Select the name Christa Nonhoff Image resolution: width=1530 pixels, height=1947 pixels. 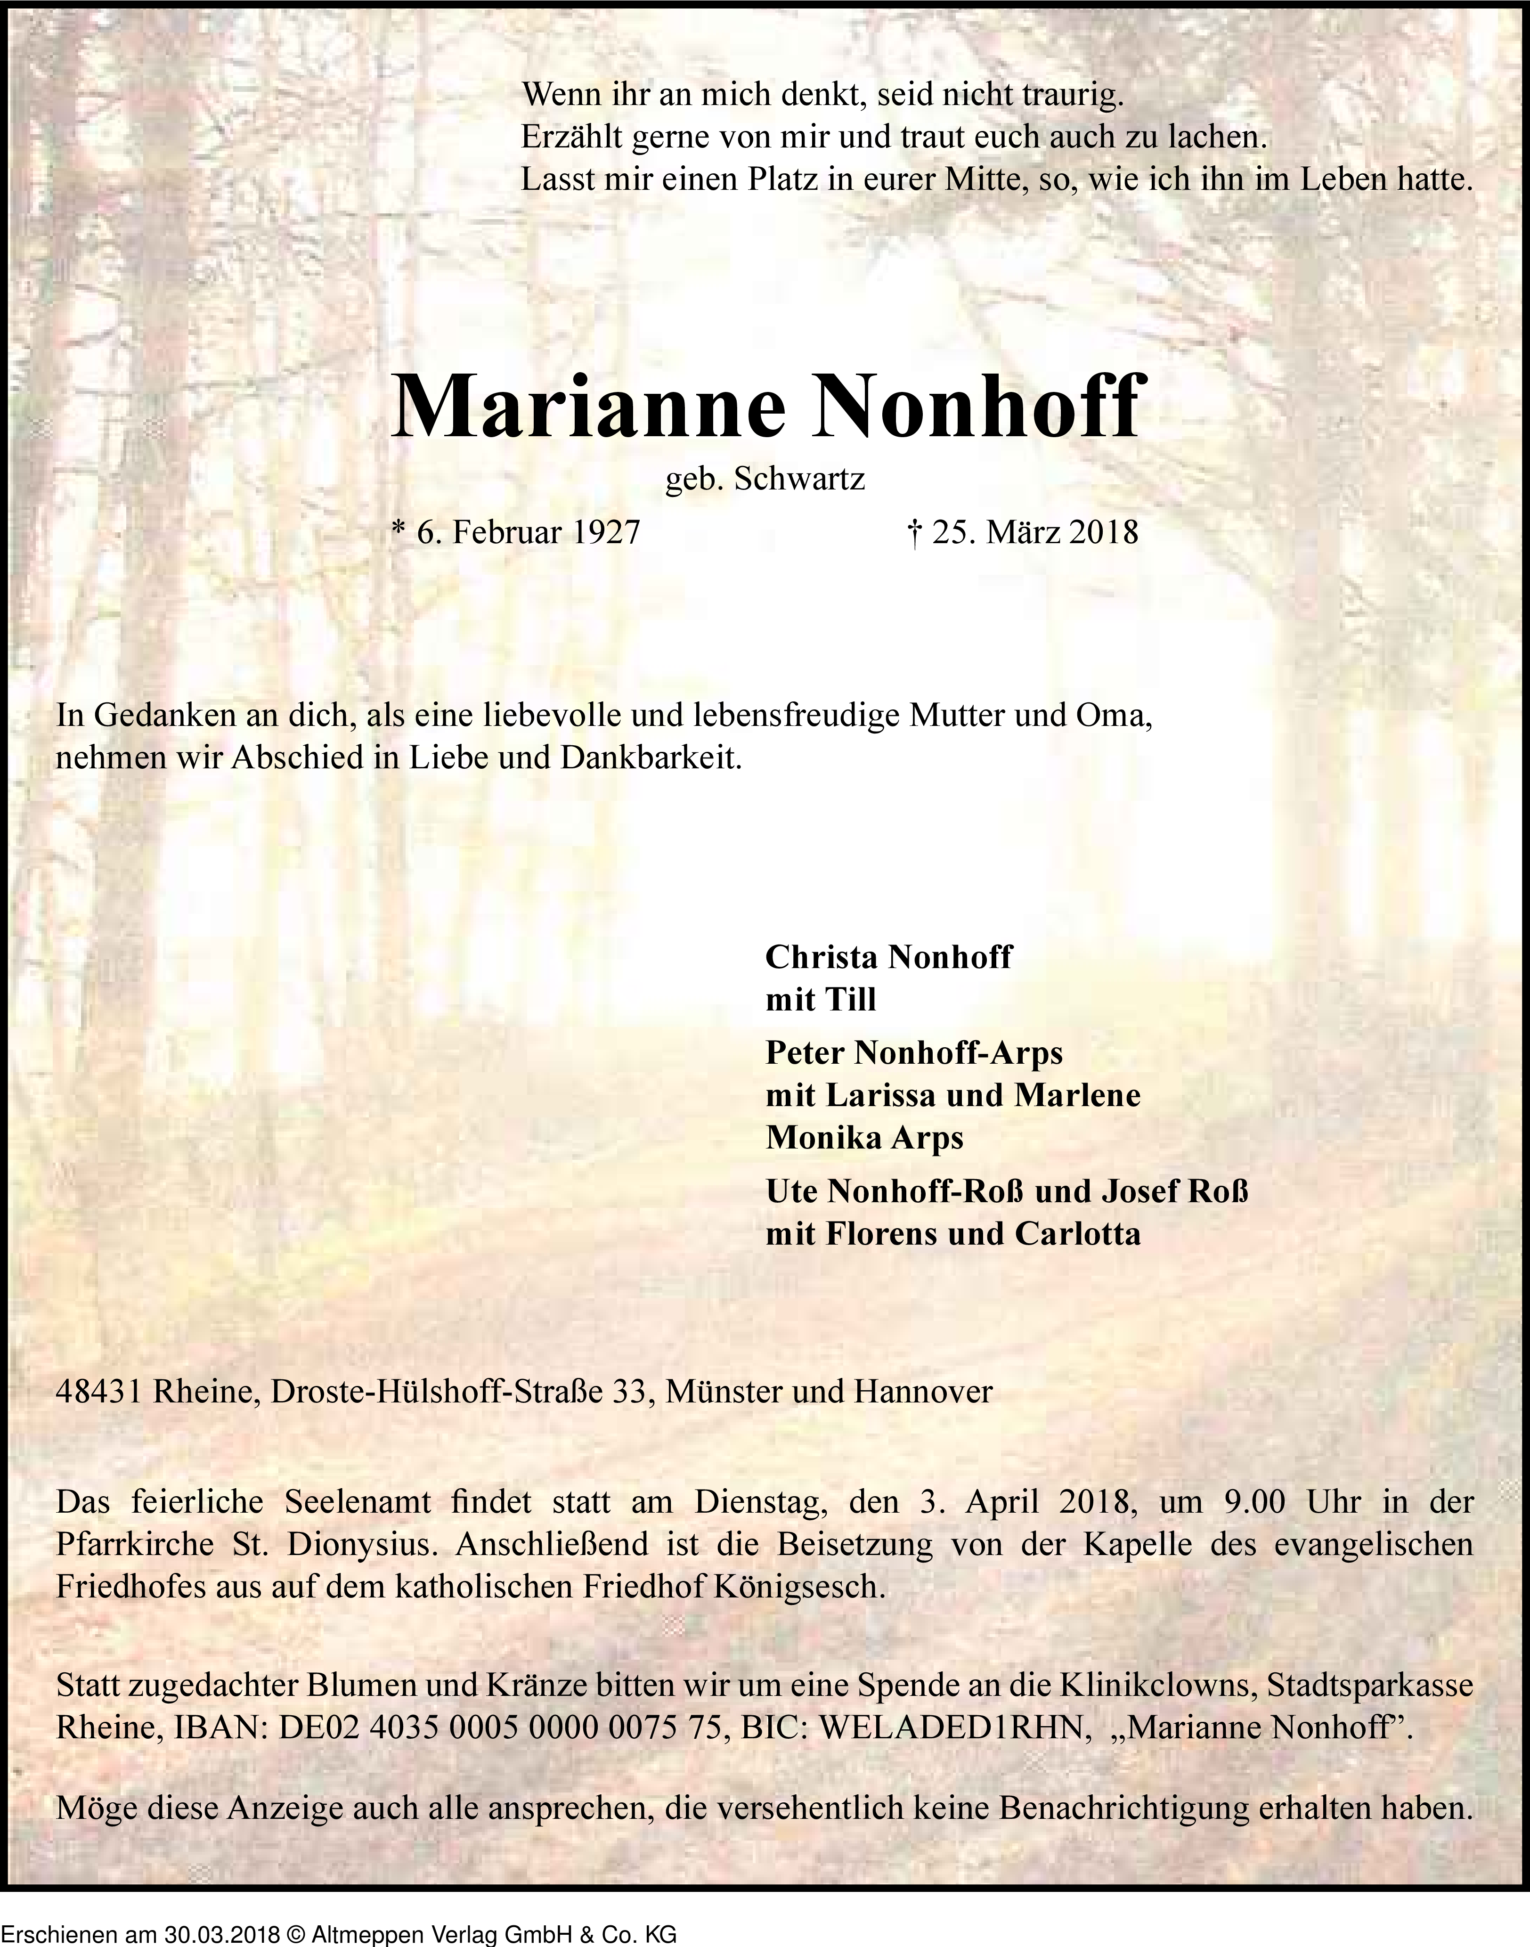pyautogui.click(x=888, y=956)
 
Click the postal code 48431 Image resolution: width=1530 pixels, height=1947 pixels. pyautogui.click(x=99, y=1392)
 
